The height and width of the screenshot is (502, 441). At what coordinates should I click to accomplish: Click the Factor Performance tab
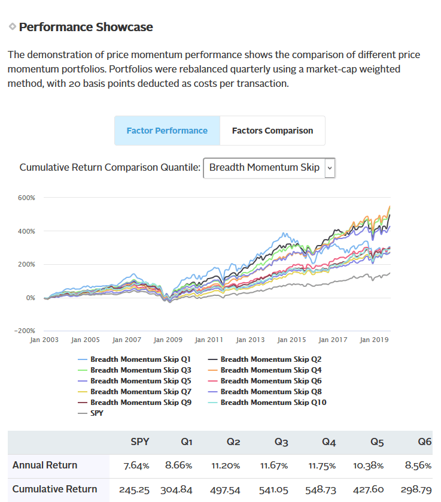(x=167, y=131)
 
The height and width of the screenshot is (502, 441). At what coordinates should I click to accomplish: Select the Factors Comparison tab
(x=272, y=131)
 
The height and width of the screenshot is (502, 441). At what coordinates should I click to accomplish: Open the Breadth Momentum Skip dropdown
(x=269, y=167)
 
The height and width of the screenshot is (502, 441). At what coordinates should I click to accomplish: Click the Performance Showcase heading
(x=86, y=27)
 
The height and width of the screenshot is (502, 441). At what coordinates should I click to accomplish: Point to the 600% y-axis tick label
(x=27, y=198)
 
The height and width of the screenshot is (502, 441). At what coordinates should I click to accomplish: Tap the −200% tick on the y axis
(x=25, y=331)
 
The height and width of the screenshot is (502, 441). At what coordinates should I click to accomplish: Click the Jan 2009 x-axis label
(x=168, y=340)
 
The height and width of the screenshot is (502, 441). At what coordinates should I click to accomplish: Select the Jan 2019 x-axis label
(x=375, y=340)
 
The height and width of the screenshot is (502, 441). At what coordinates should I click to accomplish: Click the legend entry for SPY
(x=96, y=413)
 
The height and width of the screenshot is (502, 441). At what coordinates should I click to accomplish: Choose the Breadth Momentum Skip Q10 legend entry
(x=273, y=403)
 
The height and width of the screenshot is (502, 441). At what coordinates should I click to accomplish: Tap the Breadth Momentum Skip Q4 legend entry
(x=271, y=370)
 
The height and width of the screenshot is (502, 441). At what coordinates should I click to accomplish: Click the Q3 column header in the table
(x=281, y=442)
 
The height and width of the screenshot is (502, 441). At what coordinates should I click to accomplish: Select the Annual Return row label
(x=45, y=465)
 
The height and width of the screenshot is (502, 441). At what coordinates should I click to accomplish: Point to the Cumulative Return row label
(x=54, y=489)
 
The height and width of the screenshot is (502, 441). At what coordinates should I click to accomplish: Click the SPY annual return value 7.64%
(x=136, y=465)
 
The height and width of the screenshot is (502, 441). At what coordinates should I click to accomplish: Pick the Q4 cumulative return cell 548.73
(x=320, y=489)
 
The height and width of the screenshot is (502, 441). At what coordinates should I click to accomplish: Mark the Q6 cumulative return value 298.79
(x=415, y=489)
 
